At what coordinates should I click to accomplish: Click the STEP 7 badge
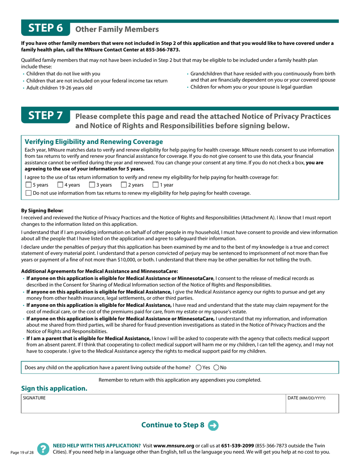(45, 116)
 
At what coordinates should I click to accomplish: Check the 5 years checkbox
(28, 185)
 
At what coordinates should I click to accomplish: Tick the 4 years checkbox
(60, 185)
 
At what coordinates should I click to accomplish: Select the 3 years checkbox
(92, 185)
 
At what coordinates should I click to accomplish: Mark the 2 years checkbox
(124, 185)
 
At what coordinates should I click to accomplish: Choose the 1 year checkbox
(155, 185)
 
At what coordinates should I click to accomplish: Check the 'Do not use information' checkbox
(28, 193)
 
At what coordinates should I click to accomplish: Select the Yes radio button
(199, 367)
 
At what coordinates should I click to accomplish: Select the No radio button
(216, 367)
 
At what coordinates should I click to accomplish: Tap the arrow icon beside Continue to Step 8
(213, 425)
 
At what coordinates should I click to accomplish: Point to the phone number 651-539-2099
(238, 446)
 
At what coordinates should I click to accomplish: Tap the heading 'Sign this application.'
(54, 388)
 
